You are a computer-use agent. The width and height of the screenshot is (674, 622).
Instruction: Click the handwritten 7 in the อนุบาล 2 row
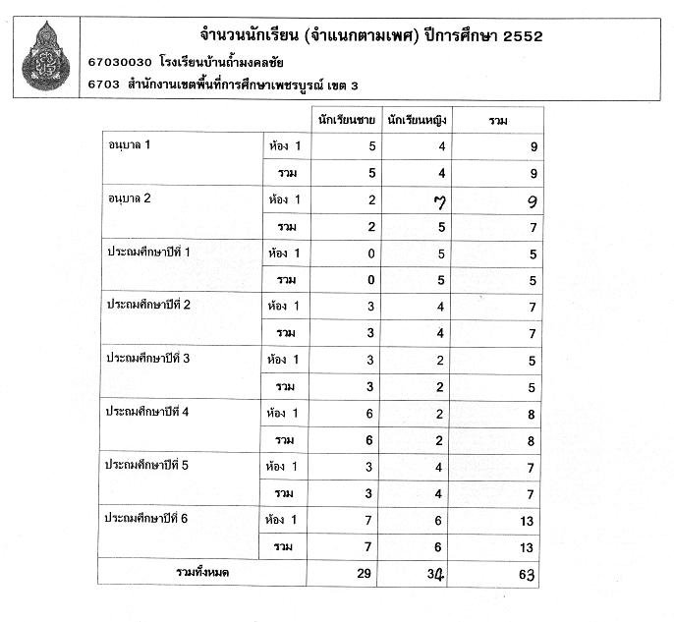coord(425,201)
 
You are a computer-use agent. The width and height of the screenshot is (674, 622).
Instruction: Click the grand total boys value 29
coord(366,572)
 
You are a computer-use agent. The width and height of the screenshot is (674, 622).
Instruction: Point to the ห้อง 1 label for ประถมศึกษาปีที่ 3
coord(283,360)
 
